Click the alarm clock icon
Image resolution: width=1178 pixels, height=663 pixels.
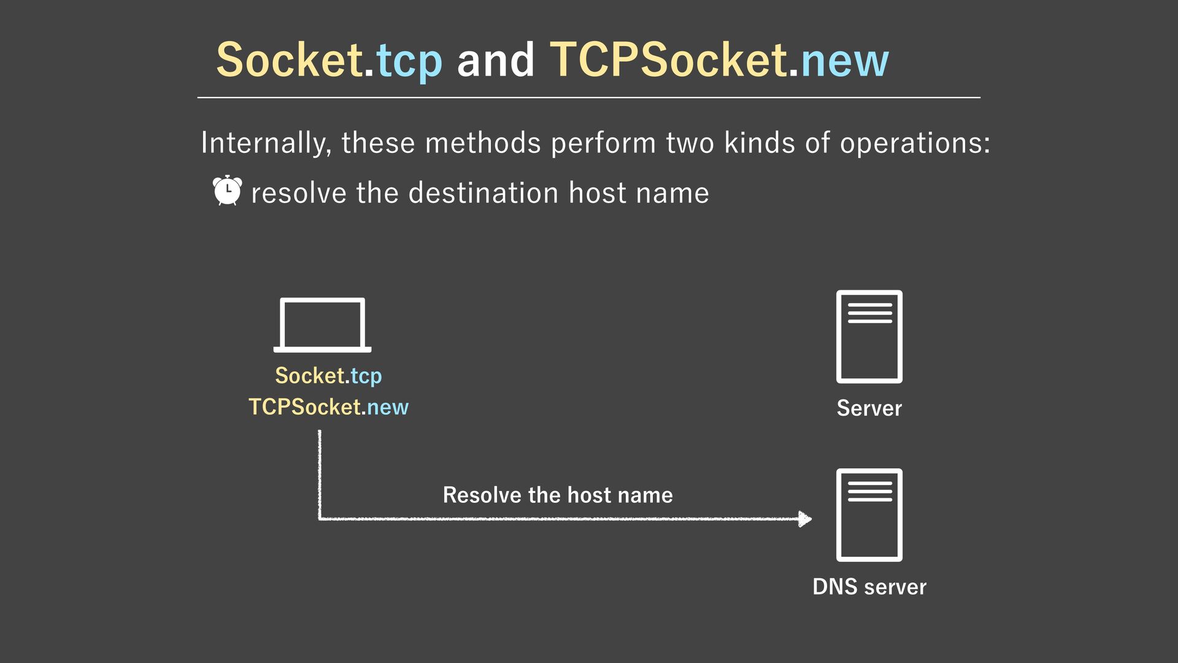pyautogui.click(x=227, y=190)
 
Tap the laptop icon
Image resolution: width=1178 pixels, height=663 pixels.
pyautogui.click(x=322, y=325)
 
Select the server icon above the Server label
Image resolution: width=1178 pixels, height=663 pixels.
pyautogui.click(x=869, y=336)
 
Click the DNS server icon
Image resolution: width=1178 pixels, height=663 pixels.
pyautogui.click(x=869, y=514)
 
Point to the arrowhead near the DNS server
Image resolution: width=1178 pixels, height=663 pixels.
pyautogui.click(x=804, y=519)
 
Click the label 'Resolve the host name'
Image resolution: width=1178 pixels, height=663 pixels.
pyautogui.click(x=558, y=495)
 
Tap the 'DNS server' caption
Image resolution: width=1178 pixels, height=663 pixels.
pyautogui.click(x=869, y=587)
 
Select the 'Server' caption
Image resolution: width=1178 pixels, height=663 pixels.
pyautogui.click(x=869, y=408)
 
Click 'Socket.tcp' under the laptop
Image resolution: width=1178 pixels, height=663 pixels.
pyautogui.click(x=328, y=376)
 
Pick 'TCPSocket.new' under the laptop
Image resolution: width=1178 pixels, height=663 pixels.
pyautogui.click(x=328, y=407)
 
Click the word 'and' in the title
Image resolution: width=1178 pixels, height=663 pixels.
pyautogui.click(x=496, y=60)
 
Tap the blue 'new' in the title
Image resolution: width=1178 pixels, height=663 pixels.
pyautogui.click(x=844, y=60)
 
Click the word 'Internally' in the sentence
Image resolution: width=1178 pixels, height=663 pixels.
pyautogui.click(x=265, y=143)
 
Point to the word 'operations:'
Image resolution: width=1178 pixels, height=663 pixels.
pyautogui.click(x=915, y=143)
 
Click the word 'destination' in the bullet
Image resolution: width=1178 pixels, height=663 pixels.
pyautogui.click(x=483, y=193)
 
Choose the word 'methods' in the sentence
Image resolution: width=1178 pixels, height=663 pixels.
pyautogui.click(x=483, y=143)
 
